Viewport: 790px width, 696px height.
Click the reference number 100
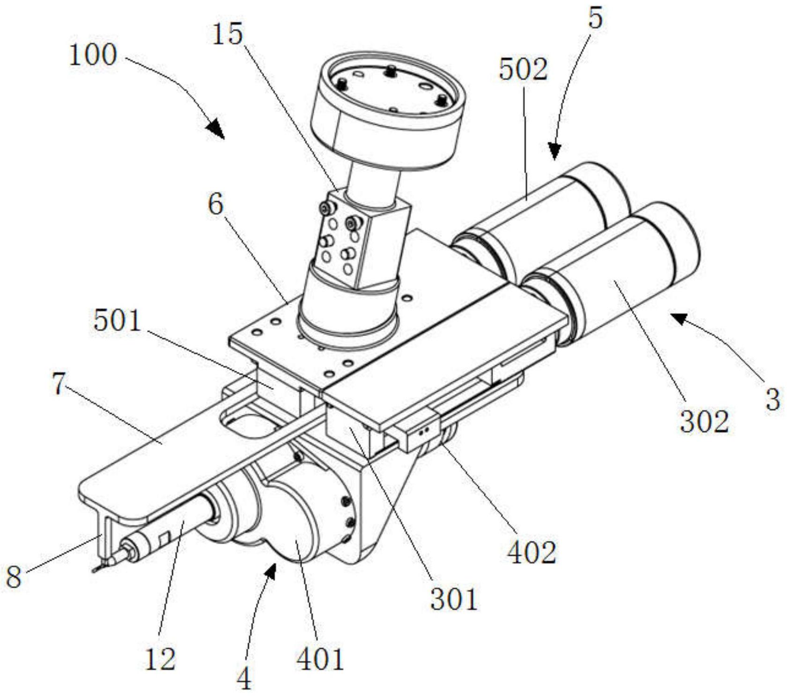click(x=92, y=55)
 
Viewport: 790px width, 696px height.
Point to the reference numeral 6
click(x=216, y=204)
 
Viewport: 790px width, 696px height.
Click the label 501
click(x=117, y=321)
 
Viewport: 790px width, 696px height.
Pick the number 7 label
click(x=58, y=384)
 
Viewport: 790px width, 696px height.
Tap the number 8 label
click(x=14, y=576)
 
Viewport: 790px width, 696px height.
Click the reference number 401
click(x=320, y=659)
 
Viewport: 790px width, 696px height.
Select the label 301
click(x=454, y=599)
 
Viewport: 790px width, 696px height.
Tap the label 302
click(x=704, y=421)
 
